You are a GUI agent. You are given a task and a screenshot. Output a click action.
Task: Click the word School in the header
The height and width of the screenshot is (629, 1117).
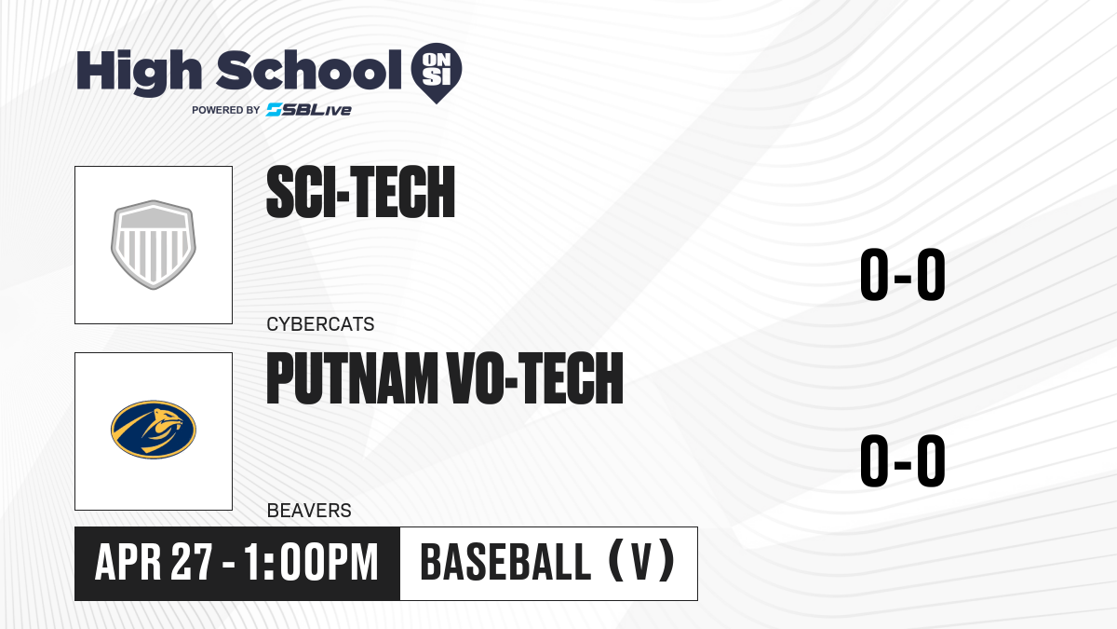pyautogui.click(x=309, y=70)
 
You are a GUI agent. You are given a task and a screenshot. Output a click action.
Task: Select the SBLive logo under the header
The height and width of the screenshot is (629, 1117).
pyautogui.click(x=309, y=110)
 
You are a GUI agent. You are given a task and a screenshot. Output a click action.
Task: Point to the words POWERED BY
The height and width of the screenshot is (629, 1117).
pyautogui.click(x=226, y=110)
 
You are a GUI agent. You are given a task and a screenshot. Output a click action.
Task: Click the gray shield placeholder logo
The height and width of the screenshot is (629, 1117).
pyautogui.click(x=154, y=244)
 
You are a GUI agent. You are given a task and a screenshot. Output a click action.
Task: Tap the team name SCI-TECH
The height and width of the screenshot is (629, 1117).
pyautogui.click(x=360, y=192)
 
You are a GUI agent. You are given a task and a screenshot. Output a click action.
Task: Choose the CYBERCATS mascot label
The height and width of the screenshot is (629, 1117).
pyautogui.click(x=320, y=324)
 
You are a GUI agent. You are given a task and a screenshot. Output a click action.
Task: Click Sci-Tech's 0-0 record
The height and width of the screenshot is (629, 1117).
pyautogui.click(x=903, y=275)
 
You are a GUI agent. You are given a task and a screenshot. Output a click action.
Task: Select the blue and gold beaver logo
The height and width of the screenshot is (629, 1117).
pyautogui.click(x=154, y=430)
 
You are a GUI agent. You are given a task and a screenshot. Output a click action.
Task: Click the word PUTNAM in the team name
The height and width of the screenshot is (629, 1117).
pyautogui.click(x=352, y=378)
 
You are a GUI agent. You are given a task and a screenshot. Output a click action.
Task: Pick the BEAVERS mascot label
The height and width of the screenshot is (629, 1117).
pyautogui.click(x=309, y=511)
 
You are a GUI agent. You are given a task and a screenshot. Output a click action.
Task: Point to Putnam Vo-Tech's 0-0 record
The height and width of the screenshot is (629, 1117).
pyautogui.click(x=903, y=460)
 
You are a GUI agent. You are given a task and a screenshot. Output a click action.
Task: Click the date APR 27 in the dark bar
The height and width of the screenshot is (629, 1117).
pyautogui.click(x=155, y=562)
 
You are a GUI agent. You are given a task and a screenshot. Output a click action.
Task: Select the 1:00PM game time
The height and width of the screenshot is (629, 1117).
pyautogui.click(x=311, y=562)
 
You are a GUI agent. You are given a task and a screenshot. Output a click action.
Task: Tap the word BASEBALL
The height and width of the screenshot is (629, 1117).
pyautogui.click(x=505, y=562)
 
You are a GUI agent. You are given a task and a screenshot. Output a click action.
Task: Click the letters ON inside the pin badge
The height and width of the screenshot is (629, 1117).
pyautogui.click(x=437, y=61)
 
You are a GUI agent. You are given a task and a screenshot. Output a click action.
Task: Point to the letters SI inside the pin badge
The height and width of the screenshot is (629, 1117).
pyautogui.click(x=437, y=77)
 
